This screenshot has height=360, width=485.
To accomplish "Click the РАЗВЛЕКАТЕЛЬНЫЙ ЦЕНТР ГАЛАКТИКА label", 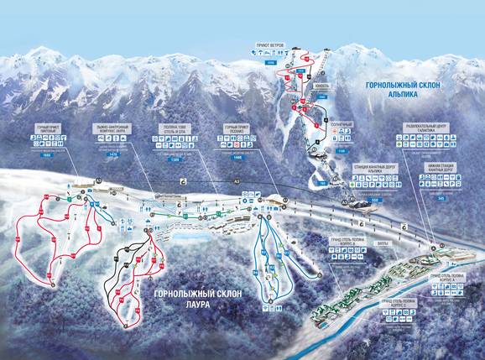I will pos(429,129).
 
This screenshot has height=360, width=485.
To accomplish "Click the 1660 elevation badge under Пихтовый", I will pos(45,156).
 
